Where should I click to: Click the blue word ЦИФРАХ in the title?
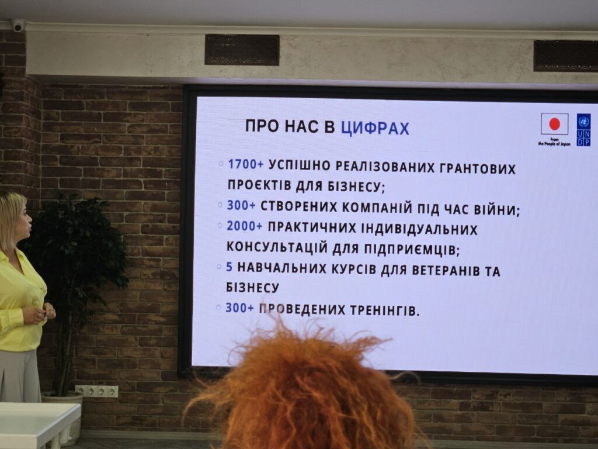[x=375, y=128]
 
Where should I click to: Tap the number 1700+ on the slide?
[x=246, y=164]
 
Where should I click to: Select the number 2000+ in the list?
[x=245, y=226]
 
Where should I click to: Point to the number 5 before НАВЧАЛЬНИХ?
[x=229, y=267]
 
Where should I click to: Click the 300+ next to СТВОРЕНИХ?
[x=241, y=205]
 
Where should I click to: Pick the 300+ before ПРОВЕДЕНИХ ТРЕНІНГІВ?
[x=239, y=308]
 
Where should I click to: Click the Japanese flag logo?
[x=555, y=124]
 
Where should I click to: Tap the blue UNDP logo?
[x=583, y=130]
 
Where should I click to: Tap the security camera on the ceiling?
[x=18, y=25]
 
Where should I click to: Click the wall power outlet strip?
[x=96, y=391]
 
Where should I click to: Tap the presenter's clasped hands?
[x=44, y=314]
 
